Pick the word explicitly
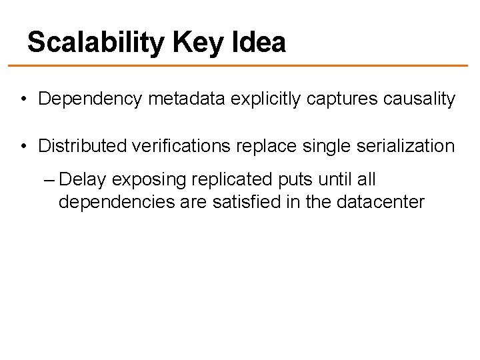254,99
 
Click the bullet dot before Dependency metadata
23,100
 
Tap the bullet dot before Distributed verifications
23,145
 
